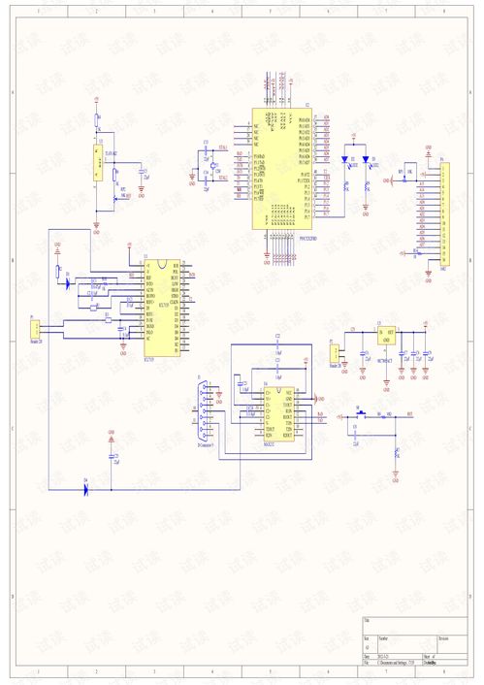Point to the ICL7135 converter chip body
click(161, 307)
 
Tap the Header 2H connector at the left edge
click(35, 329)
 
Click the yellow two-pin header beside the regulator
click(336, 353)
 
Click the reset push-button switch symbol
click(360, 415)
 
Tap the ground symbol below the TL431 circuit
click(96, 229)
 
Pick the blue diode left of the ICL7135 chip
click(66, 284)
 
